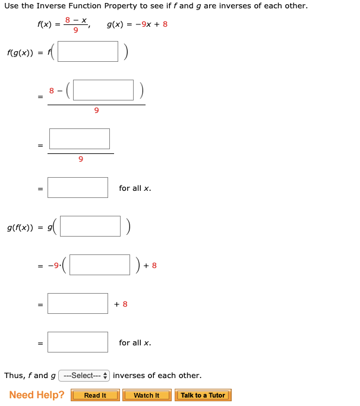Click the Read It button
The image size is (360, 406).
[x=95, y=395]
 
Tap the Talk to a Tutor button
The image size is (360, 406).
[x=203, y=395]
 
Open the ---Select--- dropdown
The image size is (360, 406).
[x=84, y=376]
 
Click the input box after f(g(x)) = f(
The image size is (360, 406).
[x=88, y=51]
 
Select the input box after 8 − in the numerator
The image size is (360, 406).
[x=103, y=90]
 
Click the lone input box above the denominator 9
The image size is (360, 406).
[x=80, y=139]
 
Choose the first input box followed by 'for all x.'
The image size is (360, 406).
[x=78, y=188]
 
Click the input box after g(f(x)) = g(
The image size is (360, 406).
[x=90, y=226]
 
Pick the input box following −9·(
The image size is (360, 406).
[x=100, y=265]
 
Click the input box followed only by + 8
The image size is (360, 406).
[x=78, y=304]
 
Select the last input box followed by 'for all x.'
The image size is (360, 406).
[x=78, y=342]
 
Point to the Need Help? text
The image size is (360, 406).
[x=37, y=395]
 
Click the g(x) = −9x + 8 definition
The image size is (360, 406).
[x=137, y=24]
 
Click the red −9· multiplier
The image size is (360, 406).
[x=56, y=266]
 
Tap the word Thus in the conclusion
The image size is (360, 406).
[x=14, y=376]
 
